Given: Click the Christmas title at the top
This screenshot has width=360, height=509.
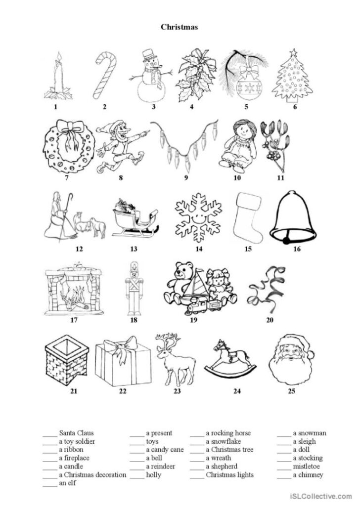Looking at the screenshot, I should pos(179,27).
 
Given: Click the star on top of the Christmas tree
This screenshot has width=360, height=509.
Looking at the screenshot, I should pos(294,52).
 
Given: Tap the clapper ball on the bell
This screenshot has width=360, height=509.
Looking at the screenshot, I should pos(286,240).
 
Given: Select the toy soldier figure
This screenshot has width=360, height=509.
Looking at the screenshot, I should pos(134,288).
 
